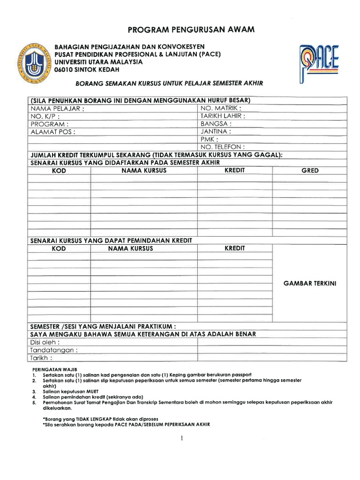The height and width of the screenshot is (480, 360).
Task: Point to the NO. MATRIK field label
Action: [x=221, y=108]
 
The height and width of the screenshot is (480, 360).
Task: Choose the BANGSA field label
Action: [x=216, y=124]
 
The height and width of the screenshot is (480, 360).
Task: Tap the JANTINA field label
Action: [x=217, y=132]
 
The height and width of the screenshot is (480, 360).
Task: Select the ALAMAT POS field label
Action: [x=53, y=132]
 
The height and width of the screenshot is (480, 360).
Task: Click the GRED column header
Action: [x=310, y=171]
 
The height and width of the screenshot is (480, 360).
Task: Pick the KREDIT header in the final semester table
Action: [x=235, y=171]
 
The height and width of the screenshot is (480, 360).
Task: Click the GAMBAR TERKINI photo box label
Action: [x=310, y=284]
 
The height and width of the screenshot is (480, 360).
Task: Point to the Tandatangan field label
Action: [x=54, y=350]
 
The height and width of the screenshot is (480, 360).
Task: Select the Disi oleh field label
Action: [x=45, y=342]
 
